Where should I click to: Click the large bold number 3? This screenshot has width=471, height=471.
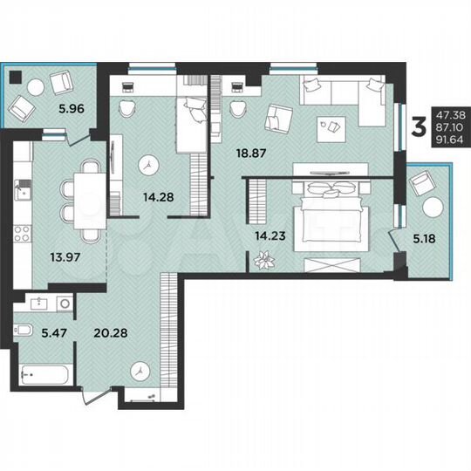click(419, 127)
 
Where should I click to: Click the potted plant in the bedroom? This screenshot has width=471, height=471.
click(263, 260)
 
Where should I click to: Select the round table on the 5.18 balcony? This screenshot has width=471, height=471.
click(433, 210)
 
